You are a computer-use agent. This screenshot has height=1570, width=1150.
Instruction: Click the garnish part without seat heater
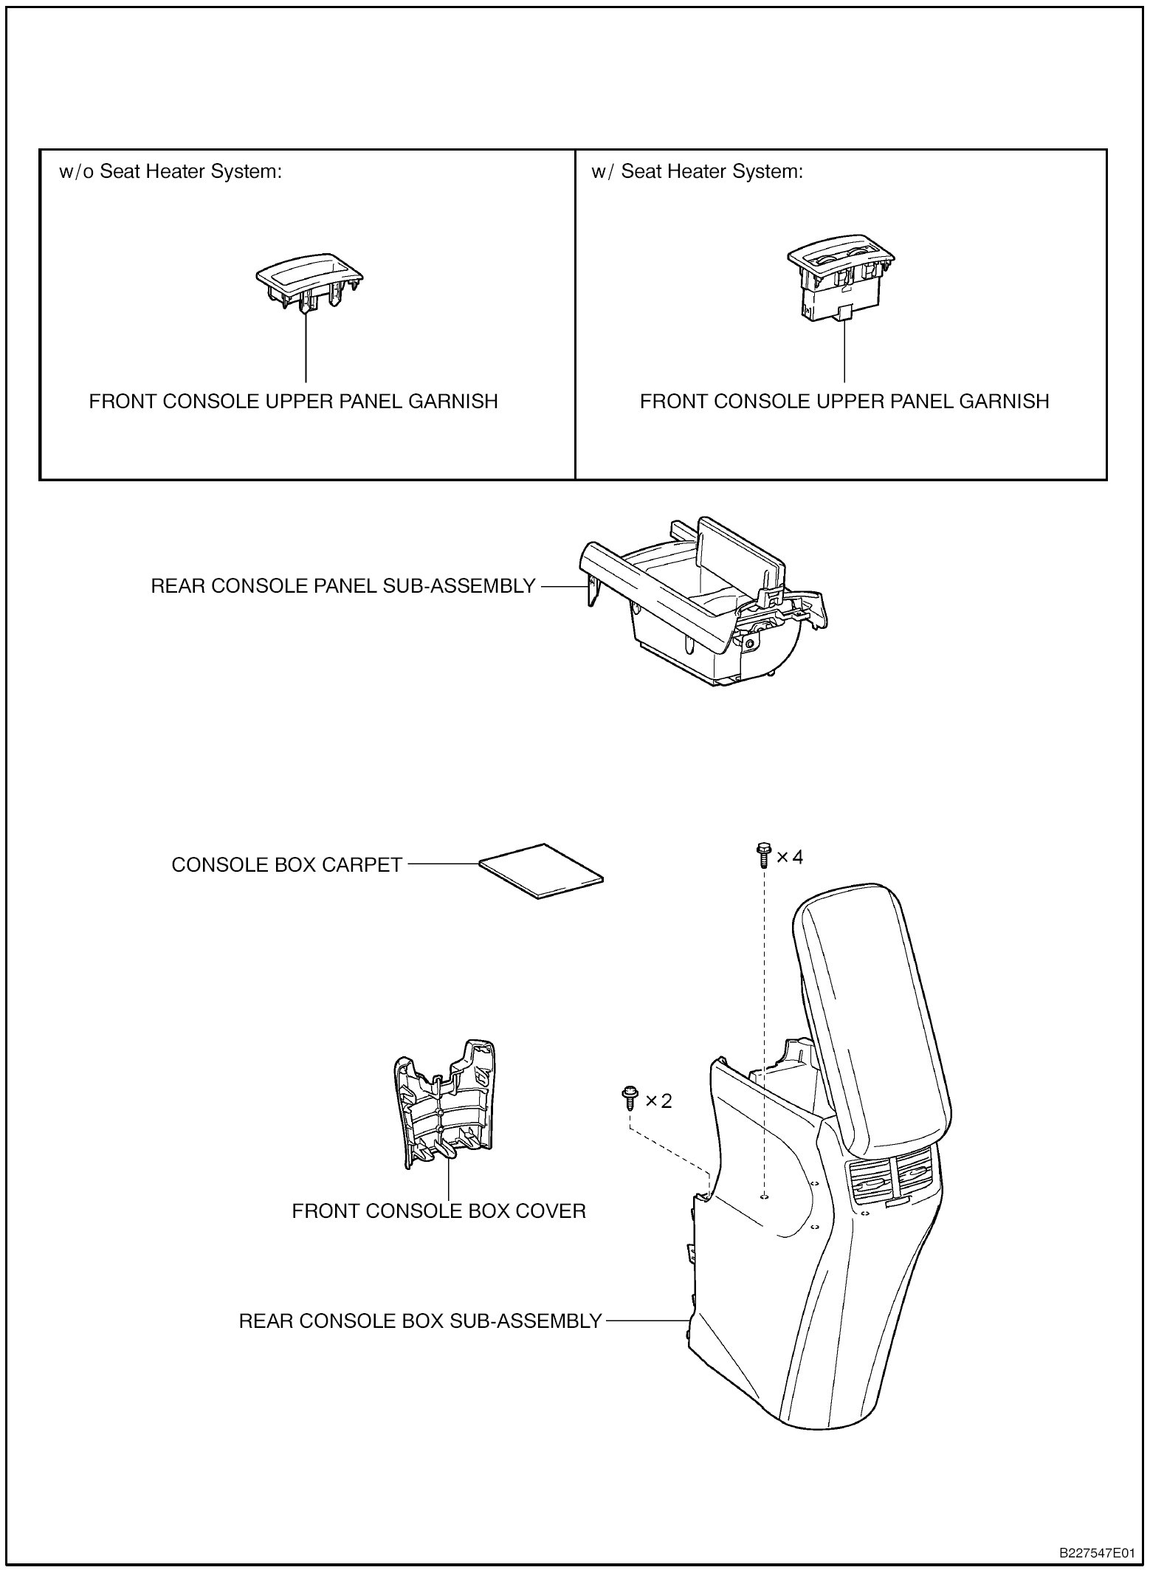tap(309, 283)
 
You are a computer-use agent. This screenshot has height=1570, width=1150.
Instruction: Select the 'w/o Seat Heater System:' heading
tap(171, 172)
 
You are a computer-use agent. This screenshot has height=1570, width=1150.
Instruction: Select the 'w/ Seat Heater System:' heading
tap(697, 172)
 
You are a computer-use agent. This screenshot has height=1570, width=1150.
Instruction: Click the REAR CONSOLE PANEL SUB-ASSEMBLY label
tap(342, 586)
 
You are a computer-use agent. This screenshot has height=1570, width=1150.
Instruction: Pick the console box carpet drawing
tap(541, 870)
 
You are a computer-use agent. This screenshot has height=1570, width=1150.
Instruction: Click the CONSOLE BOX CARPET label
tap(286, 864)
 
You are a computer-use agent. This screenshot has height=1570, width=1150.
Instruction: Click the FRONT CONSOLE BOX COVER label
tap(438, 1211)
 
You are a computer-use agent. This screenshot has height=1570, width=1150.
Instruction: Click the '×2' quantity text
tap(659, 1101)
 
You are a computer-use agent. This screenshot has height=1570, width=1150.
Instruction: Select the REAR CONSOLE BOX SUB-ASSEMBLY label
tap(420, 1321)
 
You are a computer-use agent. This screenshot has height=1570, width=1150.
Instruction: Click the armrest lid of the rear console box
tap(871, 1019)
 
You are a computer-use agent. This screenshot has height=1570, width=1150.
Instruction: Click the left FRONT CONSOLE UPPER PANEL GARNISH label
tap(293, 402)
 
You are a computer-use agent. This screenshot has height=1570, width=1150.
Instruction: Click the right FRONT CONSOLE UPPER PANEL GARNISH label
tap(844, 402)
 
